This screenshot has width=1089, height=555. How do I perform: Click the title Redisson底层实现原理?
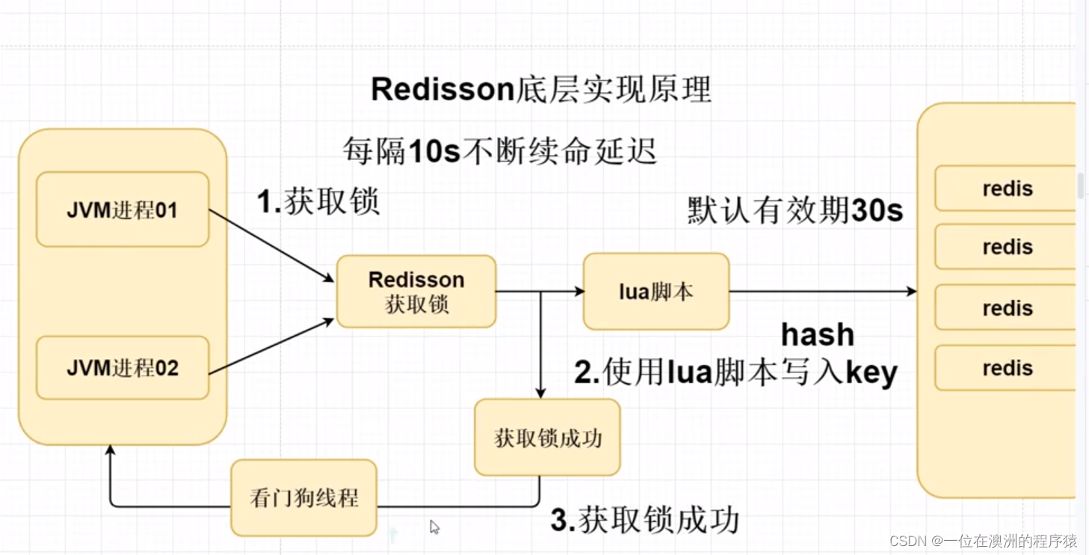coord(540,90)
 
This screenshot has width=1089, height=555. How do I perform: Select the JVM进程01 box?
coord(122,210)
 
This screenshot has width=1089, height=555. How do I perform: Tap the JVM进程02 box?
coord(122,368)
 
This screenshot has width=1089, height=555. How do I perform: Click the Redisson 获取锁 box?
coord(416,292)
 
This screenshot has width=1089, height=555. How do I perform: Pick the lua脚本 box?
coord(655,292)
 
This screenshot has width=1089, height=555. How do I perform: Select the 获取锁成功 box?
coord(547,438)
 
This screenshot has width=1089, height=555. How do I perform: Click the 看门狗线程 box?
coord(303,498)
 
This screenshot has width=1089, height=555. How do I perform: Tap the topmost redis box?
coord(1006,188)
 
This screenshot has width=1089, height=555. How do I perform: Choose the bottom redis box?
coord(1006,368)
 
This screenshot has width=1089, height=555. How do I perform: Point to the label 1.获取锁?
coord(318,202)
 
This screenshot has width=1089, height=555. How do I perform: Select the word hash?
coord(817,335)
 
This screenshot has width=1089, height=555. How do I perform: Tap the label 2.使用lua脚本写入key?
coord(735,372)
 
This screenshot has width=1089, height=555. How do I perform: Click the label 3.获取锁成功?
coord(644,521)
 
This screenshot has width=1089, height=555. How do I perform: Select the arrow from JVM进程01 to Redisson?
coord(271,245)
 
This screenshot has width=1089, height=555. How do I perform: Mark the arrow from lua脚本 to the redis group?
coord(822,292)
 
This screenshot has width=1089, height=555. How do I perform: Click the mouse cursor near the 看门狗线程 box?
coord(434,527)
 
